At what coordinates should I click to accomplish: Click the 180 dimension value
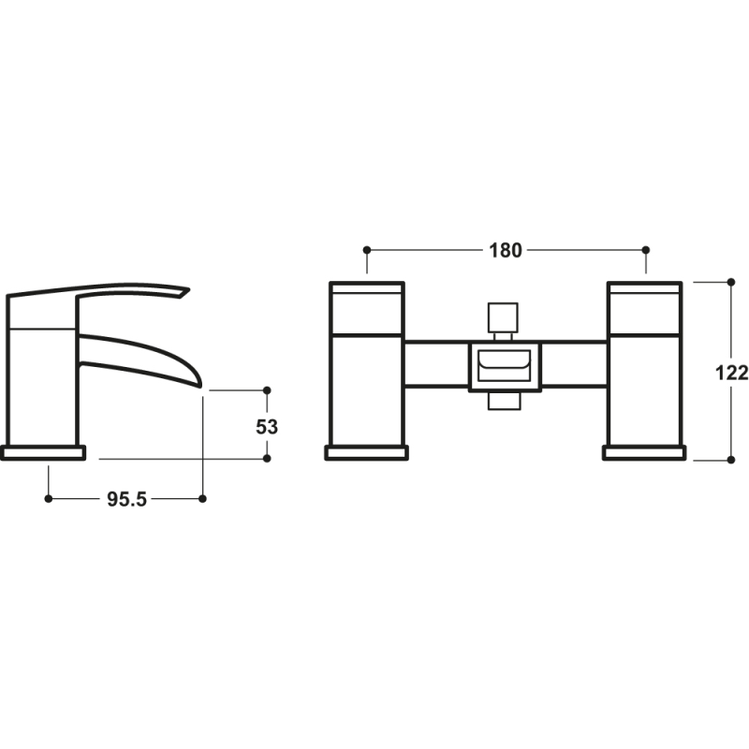[506, 250]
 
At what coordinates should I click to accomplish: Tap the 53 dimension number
[267, 425]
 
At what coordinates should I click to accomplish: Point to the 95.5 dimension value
[125, 499]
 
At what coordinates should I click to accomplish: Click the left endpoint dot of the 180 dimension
[367, 250]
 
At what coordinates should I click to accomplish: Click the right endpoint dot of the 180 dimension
[645, 250]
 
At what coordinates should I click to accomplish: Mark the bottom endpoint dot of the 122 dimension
[730, 460]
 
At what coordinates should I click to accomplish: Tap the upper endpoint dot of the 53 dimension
[267, 389]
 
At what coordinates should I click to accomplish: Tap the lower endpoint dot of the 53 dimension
[267, 459]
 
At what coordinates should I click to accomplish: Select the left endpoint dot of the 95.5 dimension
[48, 499]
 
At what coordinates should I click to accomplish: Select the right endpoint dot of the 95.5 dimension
[202, 499]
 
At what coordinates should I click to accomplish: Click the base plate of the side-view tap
[43, 453]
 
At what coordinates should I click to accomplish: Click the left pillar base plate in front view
[366, 453]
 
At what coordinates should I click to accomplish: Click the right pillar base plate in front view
[644, 453]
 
